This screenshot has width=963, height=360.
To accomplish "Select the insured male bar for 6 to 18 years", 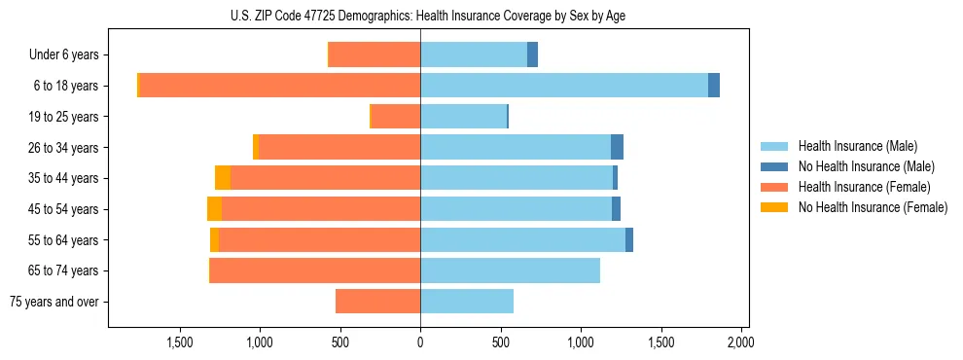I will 564,86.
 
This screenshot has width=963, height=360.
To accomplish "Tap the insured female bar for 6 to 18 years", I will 280,86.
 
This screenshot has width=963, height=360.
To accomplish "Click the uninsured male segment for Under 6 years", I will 532,54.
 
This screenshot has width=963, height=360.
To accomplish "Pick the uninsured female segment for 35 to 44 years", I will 223,178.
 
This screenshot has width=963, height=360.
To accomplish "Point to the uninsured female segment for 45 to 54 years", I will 214,209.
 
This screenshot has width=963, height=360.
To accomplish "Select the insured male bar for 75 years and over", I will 467,302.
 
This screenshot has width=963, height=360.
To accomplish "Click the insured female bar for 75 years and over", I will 377,302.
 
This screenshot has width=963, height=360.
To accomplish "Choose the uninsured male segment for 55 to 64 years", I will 629,239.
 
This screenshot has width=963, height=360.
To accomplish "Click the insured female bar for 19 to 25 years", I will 396,117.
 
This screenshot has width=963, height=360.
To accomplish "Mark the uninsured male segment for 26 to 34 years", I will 617,147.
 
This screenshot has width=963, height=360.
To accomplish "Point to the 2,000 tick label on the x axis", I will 740,342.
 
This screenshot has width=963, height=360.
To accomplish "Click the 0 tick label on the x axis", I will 420,342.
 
